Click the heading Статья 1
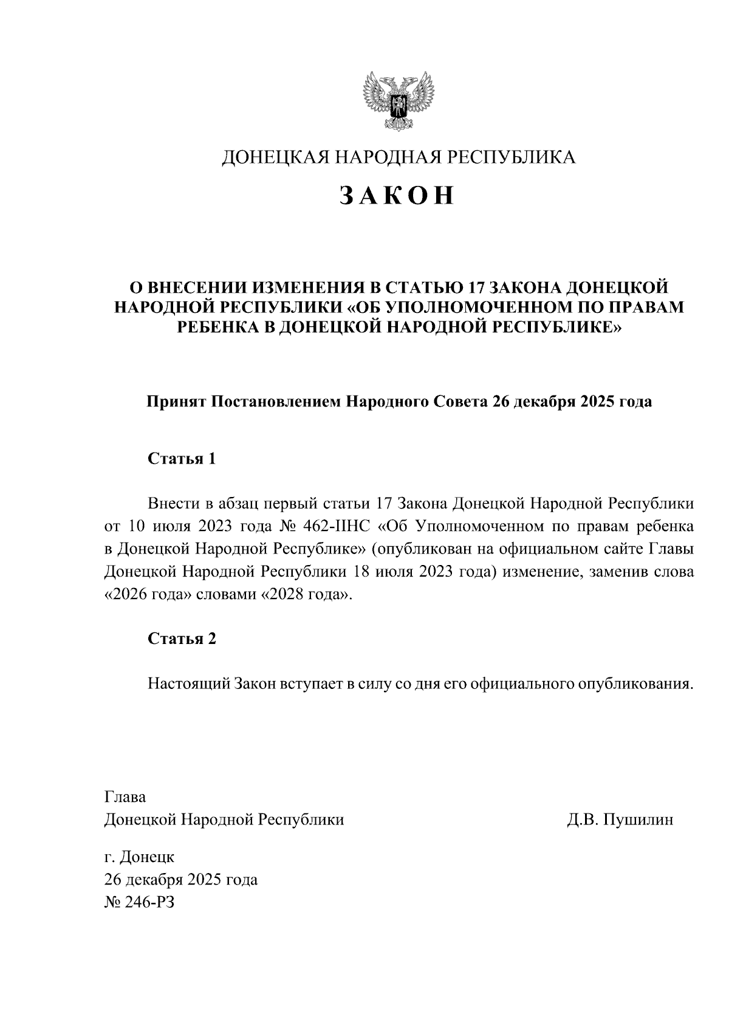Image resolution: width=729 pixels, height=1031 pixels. pyautogui.click(x=182, y=458)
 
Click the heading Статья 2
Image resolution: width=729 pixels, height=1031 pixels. pyautogui.click(x=182, y=639)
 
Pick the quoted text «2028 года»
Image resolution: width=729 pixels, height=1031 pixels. pyautogui.click(x=306, y=595)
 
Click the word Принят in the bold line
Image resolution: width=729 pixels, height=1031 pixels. pyautogui.click(x=176, y=402)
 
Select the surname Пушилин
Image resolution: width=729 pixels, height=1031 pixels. pyautogui.click(x=638, y=820)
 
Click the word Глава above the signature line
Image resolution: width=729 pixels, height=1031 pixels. pyautogui.click(x=125, y=796)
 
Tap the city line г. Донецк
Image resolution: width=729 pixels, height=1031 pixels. pyautogui.click(x=140, y=857)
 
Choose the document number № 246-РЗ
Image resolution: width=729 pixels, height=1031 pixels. pyautogui.click(x=140, y=902)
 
